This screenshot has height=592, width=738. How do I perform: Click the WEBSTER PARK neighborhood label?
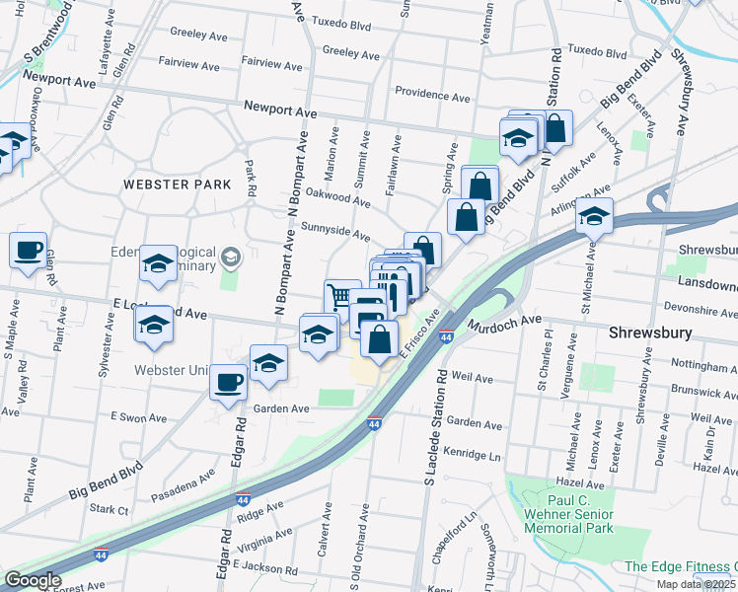click(177, 184)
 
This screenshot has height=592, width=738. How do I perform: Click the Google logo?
click(33, 580)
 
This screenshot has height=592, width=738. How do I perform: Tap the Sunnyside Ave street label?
click(335, 231)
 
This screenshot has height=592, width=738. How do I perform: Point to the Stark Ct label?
click(110, 510)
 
